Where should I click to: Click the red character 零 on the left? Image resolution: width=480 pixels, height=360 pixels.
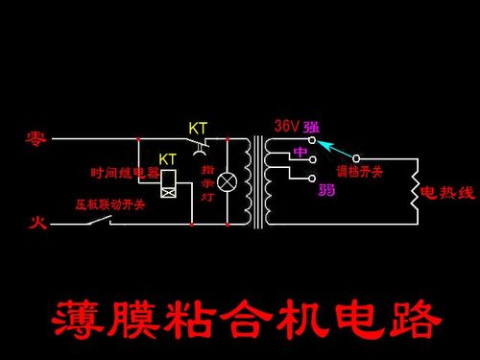pos(36,138)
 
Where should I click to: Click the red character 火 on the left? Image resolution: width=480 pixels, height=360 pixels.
pos(35,223)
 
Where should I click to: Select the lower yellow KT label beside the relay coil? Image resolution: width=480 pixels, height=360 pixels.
pos(167,157)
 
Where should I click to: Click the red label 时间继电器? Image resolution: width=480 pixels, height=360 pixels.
pos(124,174)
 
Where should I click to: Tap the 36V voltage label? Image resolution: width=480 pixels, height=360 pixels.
pos(286,126)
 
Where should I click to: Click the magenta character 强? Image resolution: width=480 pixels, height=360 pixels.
pos(311,127)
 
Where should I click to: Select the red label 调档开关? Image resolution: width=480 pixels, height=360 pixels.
pos(365,172)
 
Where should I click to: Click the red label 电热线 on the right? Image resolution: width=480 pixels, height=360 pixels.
pos(447,193)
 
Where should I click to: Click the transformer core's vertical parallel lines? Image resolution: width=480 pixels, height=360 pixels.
pos(257,182)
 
